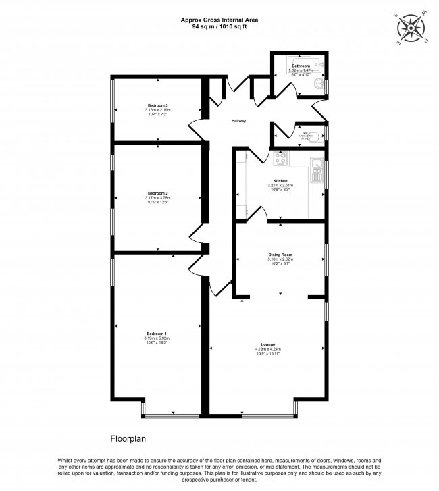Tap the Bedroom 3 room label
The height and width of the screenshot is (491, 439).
(x=157, y=105)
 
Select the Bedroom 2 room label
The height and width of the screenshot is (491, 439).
(x=157, y=193)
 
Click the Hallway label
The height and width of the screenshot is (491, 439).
(x=238, y=121)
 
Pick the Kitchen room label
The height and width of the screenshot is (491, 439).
(x=280, y=181)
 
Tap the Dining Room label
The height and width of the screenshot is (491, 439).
(x=280, y=255)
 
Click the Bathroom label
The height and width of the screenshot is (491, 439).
(x=301, y=66)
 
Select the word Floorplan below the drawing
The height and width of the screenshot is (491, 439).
(x=128, y=438)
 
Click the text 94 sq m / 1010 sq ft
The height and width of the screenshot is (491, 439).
(x=219, y=26)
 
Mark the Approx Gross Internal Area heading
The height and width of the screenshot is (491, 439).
(x=219, y=20)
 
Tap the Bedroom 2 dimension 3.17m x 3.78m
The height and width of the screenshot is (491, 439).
(x=157, y=198)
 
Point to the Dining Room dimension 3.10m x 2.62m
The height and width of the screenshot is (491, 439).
(x=280, y=259)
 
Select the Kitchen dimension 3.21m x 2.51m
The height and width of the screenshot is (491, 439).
(x=280, y=186)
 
